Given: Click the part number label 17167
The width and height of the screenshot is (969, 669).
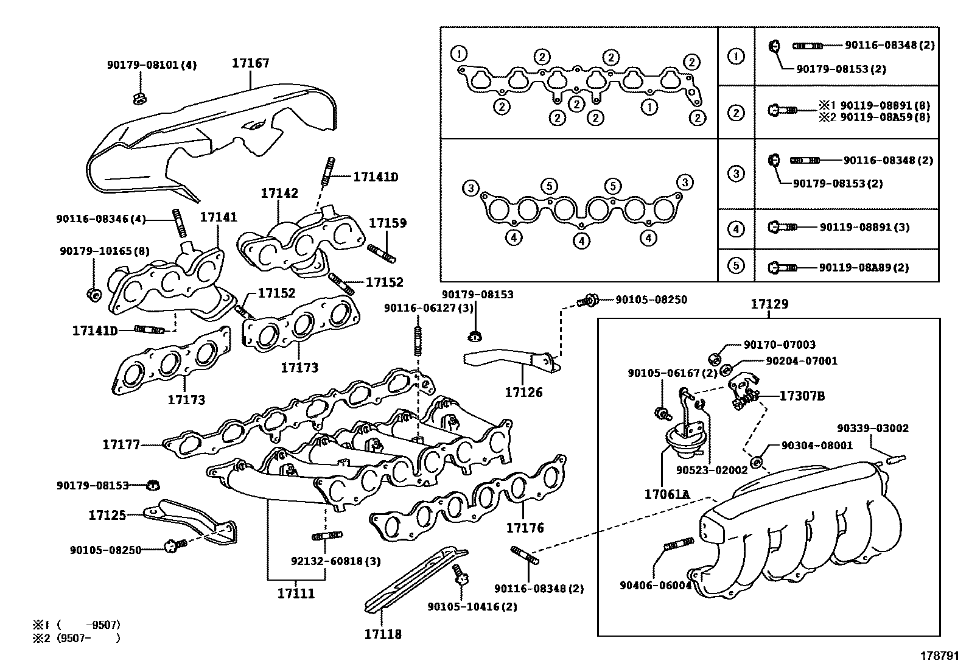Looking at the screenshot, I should (250, 63).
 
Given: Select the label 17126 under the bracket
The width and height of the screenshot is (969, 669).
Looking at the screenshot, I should (523, 392).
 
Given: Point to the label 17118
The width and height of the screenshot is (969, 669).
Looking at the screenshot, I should (383, 634).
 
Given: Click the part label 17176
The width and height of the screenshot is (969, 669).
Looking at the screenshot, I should (525, 527).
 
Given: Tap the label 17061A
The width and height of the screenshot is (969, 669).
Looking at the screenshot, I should (666, 494).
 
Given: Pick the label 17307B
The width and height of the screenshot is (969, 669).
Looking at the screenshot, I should (802, 396).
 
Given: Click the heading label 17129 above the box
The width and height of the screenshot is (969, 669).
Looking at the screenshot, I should (769, 304).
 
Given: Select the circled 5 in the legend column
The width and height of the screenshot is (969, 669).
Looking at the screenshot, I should (736, 266).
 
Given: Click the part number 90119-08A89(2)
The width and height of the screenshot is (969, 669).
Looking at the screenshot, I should (864, 267).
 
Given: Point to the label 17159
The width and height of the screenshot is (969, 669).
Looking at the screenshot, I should (388, 223).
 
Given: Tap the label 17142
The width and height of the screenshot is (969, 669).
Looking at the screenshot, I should (279, 193).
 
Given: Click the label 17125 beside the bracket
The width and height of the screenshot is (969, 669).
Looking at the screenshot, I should (107, 515).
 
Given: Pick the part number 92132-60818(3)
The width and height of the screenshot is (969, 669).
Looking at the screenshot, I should (335, 561).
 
